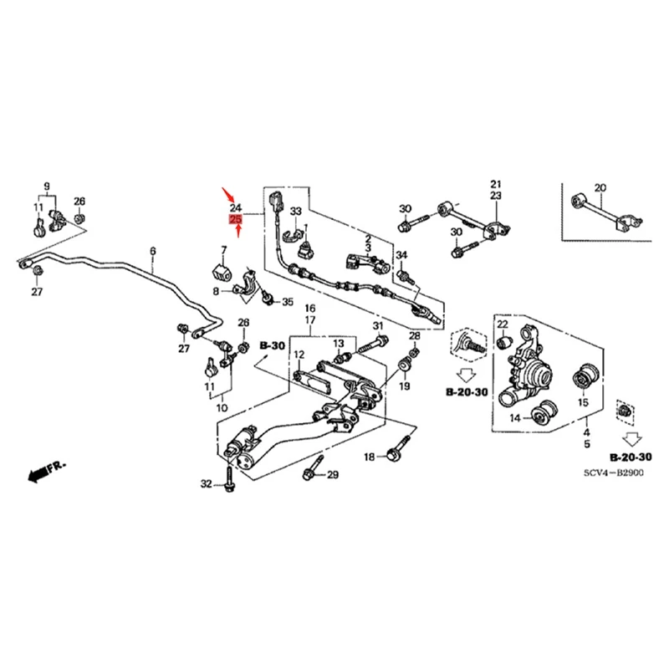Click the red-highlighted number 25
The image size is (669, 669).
pos(236,220)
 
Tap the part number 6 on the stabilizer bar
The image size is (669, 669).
pos(153,251)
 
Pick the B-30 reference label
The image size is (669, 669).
pos(272,345)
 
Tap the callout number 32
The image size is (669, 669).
pos(207,483)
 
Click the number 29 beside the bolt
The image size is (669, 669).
pos(333,475)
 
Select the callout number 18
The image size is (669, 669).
pos(370,457)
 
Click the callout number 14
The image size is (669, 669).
pos(516,417)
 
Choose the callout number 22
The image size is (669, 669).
pos(503,324)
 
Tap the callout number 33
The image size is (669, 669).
pos(295,212)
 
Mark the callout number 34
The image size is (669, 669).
pos(401,255)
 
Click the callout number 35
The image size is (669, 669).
pos(289,302)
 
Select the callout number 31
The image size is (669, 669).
pos(377,326)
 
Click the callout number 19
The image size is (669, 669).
pos(404,386)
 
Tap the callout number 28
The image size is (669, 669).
pos(415,336)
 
